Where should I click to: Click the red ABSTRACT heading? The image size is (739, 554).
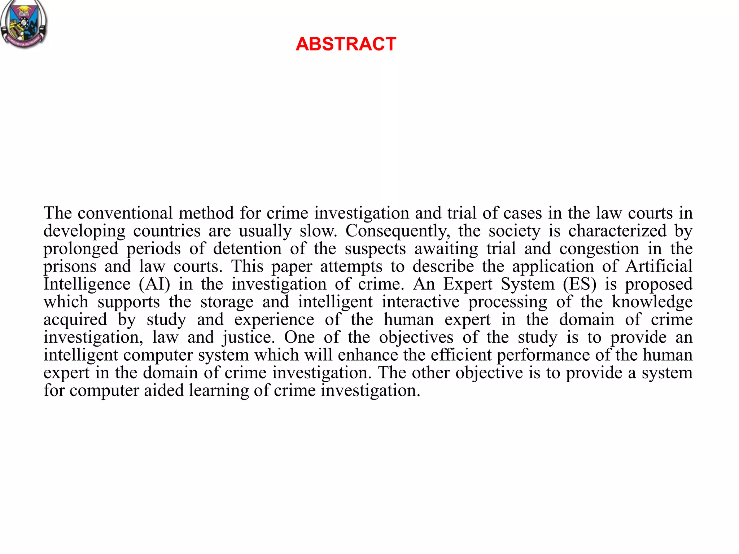click(346, 44)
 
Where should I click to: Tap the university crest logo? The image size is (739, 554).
click(24, 24)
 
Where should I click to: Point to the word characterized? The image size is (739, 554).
click(617, 231)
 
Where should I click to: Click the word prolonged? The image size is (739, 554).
click(81, 249)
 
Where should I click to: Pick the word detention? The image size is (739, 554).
click(247, 249)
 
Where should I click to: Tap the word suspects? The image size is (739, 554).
click(375, 249)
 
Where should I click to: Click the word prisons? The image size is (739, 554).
click(70, 267)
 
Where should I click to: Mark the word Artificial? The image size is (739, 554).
click(659, 267)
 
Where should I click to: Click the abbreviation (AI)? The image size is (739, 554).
click(154, 284)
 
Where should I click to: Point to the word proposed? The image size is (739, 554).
click(659, 284)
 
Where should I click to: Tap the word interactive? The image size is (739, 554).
click(421, 302)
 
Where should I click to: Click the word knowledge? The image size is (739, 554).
click(652, 302)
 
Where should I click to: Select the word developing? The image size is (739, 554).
click(84, 231)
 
